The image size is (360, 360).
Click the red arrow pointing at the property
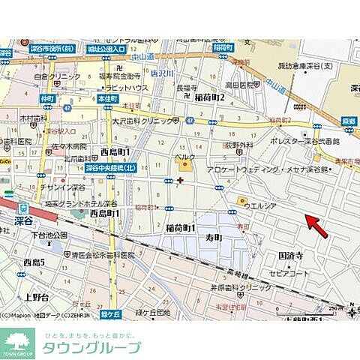(316, 225)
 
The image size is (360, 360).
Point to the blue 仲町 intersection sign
(47, 98)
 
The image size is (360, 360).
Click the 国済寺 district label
(291, 255)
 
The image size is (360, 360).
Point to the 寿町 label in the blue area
(214, 237)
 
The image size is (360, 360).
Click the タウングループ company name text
(91, 347)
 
